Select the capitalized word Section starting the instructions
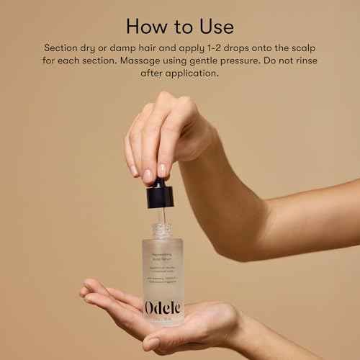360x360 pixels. (64, 47)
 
